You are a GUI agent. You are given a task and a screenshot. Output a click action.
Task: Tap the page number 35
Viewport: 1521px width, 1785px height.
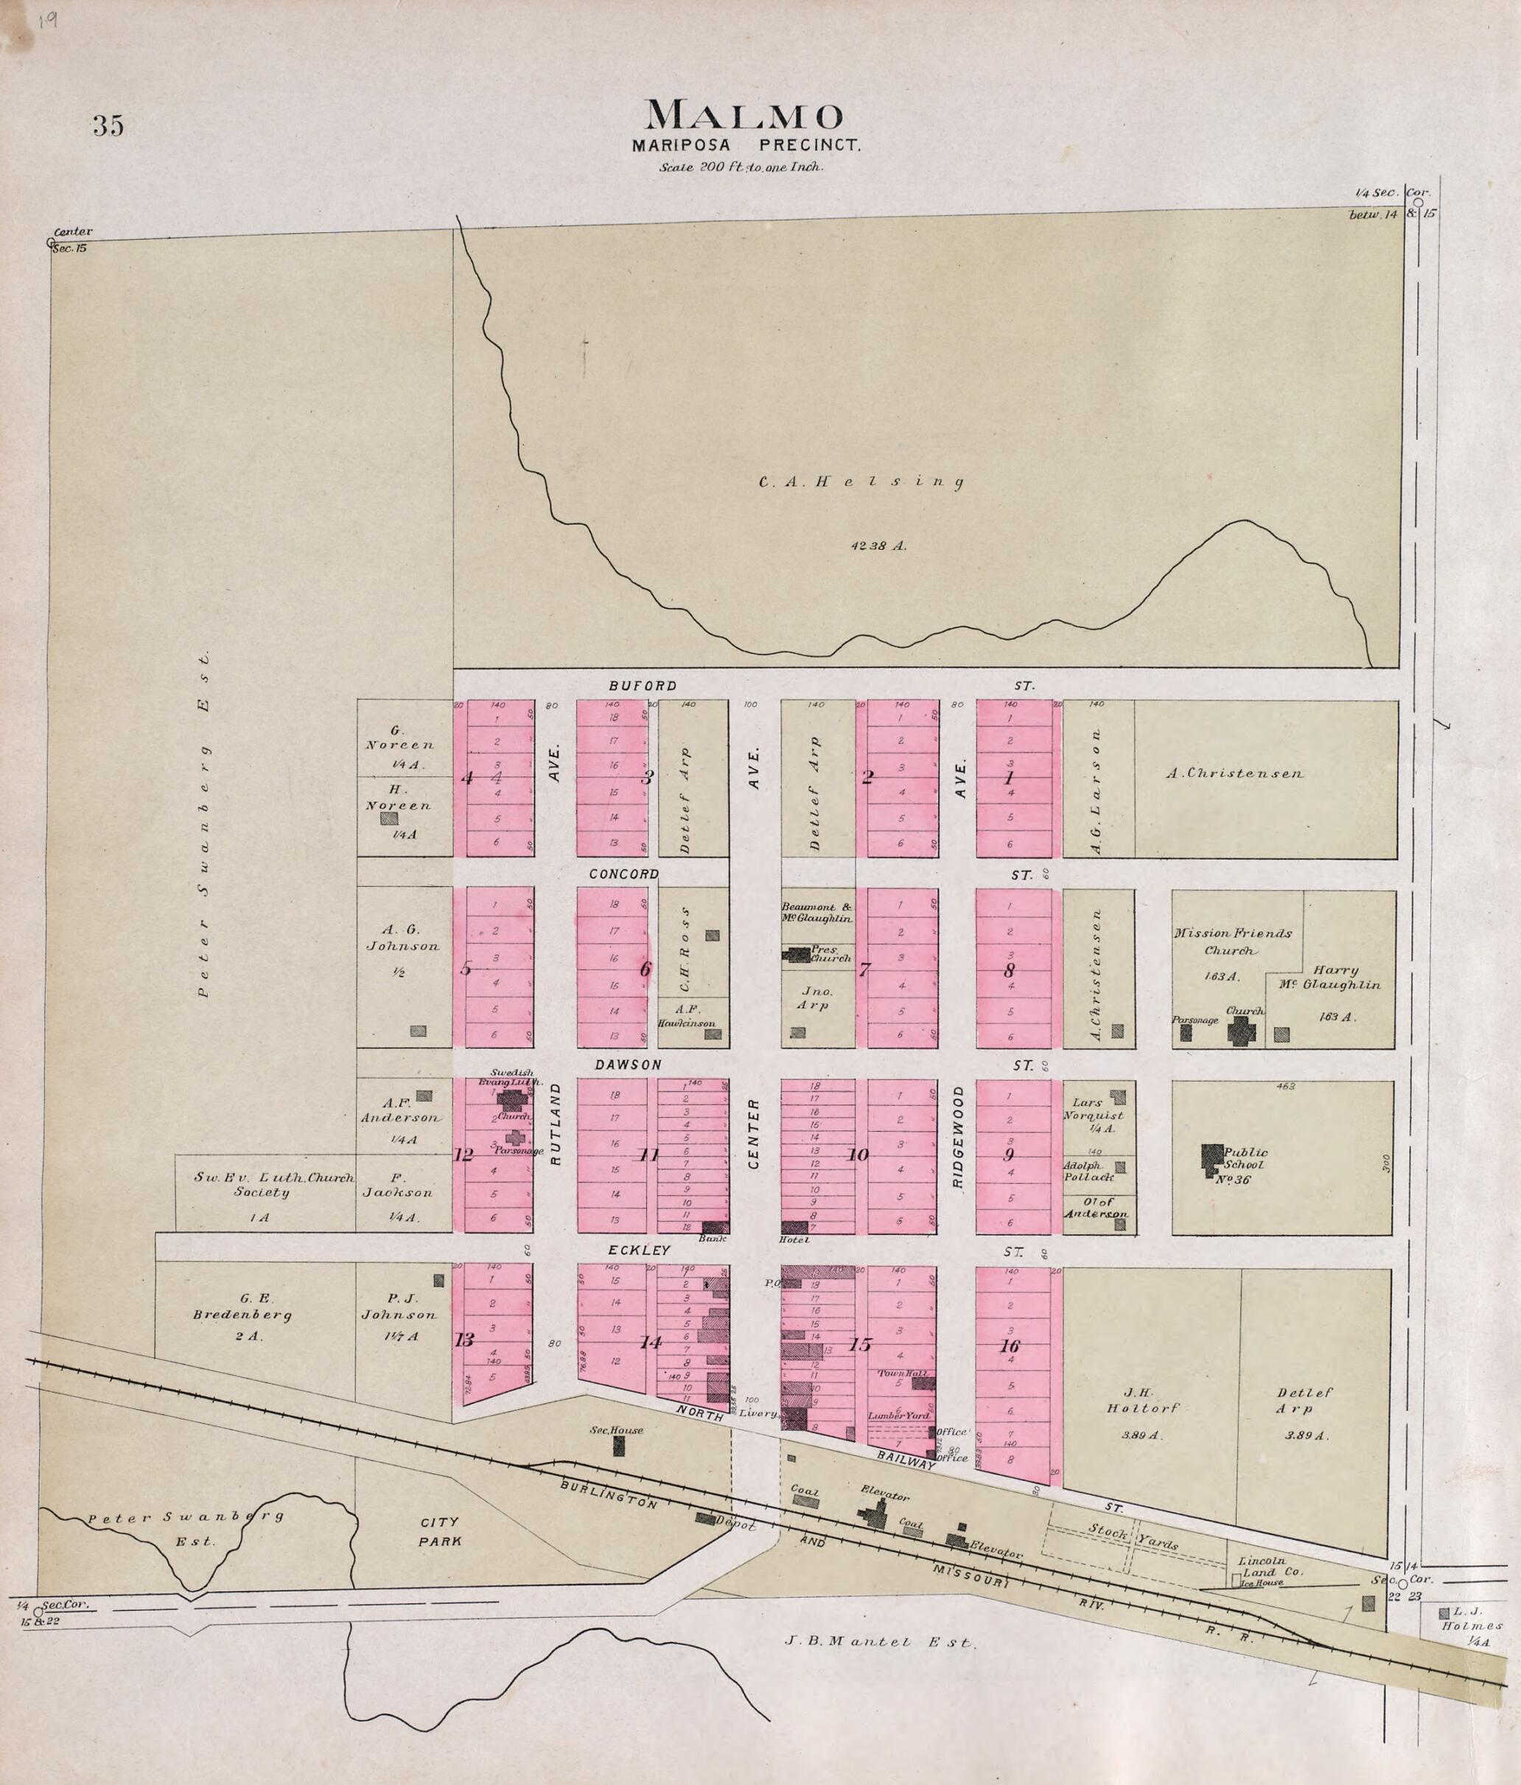click(108, 126)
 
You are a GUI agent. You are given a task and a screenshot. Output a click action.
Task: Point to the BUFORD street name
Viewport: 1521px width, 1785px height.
click(643, 686)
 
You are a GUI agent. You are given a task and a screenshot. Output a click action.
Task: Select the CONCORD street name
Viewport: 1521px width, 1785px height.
click(623, 874)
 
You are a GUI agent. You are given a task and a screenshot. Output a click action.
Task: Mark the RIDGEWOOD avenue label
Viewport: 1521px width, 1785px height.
click(958, 1137)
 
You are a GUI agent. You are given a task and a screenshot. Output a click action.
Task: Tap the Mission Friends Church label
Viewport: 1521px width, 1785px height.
click(1232, 942)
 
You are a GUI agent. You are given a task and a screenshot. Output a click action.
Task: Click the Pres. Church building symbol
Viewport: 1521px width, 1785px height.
click(796, 955)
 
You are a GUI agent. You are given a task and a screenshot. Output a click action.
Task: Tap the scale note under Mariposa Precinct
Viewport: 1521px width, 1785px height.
click(741, 168)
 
